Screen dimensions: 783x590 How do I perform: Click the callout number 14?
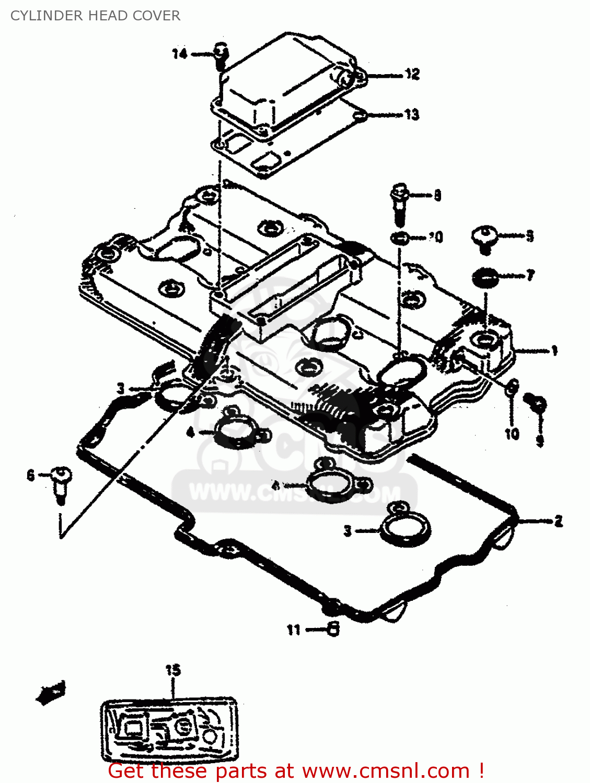[x=179, y=54]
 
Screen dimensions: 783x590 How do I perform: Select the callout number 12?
[x=412, y=75]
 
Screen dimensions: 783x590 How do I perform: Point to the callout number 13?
[x=411, y=114]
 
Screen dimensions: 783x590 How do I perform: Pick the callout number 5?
[x=529, y=236]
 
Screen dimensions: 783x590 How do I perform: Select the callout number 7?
[x=530, y=275]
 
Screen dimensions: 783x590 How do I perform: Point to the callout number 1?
[x=554, y=351]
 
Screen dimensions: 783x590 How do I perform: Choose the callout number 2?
[x=558, y=521]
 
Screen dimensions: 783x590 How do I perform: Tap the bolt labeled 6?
[x=62, y=483]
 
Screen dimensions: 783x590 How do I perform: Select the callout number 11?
[x=294, y=630]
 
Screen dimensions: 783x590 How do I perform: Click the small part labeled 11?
[x=333, y=629]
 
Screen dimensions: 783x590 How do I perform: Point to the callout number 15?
[x=172, y=670]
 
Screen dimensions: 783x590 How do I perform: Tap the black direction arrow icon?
[x=51, y=693]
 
